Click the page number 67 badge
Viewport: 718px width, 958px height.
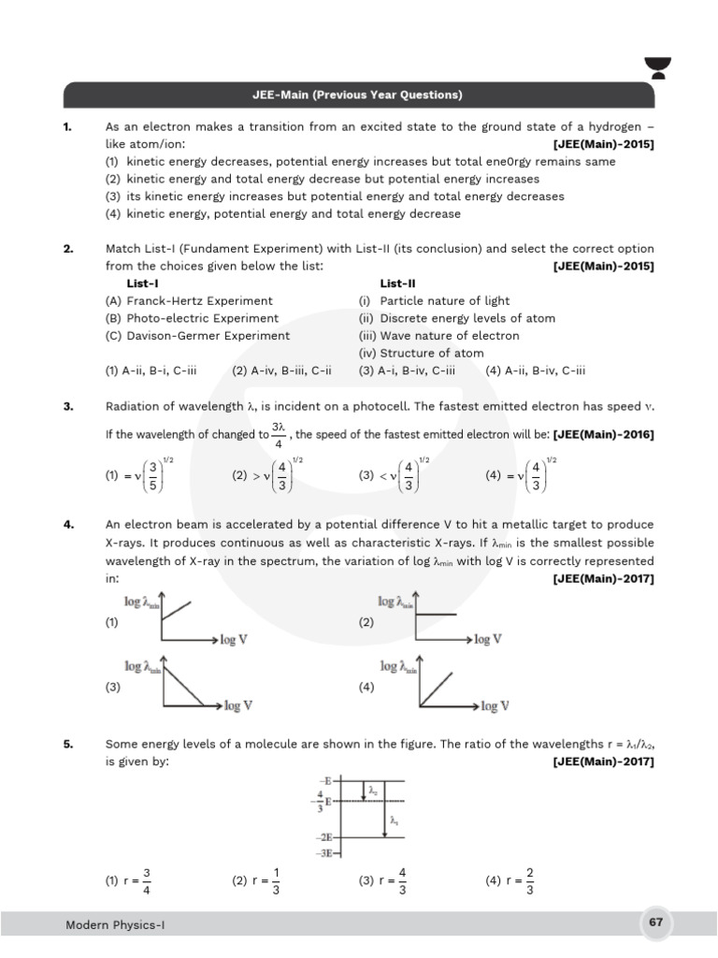pyautogui.click(x=655, y=922)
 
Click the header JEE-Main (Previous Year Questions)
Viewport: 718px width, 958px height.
pyautogui.click(x=359, y=95)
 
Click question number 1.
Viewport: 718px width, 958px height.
pyautogui.click(x=68, y=126)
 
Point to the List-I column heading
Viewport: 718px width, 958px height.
pyautogui.click(x=142, y=283)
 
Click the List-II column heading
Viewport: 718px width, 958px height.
pyautogui.click(x=397, y=283)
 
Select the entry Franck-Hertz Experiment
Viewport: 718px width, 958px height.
pyautogui.click(x=189, y=300)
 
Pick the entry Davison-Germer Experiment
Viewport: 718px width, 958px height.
pyautogui.click(x=197, y=336)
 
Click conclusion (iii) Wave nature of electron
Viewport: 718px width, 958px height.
pyautogui.click(x=438, y=336)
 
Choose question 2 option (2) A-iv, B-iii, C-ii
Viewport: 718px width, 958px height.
pyautogui.click(x=281, y=370)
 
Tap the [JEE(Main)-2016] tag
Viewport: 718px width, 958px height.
pyautogui.click(x=604, y=435)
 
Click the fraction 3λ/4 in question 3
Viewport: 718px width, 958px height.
pyautogui.click(x=278, y=435)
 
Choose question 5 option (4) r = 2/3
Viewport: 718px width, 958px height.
pyautogui.click(x=510, y=881)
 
